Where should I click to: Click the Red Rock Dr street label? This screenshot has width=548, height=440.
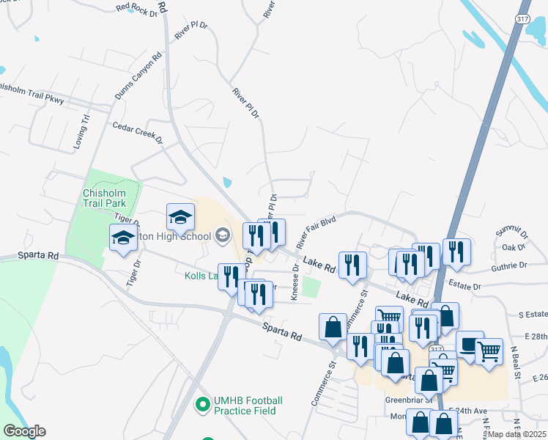pyautogui.click(x=137, y=8)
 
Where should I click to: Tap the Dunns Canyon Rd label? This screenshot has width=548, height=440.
pyautogui.click(x=135, y=80)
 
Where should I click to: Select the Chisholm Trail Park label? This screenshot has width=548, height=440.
pyautogui.click(x=104, y=197)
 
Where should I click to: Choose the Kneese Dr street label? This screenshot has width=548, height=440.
pyautogui.click(x=295, y=282)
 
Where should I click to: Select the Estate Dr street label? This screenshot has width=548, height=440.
pyautogui.click(x=466, y=287)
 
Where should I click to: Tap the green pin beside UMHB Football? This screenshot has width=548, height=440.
pyautogui.click(x=204, y=404)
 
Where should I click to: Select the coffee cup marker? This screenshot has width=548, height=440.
pyautogui.click(x=470, y=344)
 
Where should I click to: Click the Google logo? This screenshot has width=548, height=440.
pyautogui.click(x=24, y=431)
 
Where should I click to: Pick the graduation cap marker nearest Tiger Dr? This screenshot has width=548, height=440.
pyautogui.click(x=124, y=238)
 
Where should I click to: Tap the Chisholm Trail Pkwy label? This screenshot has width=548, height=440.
pyautogui.click(x=32, y=93)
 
